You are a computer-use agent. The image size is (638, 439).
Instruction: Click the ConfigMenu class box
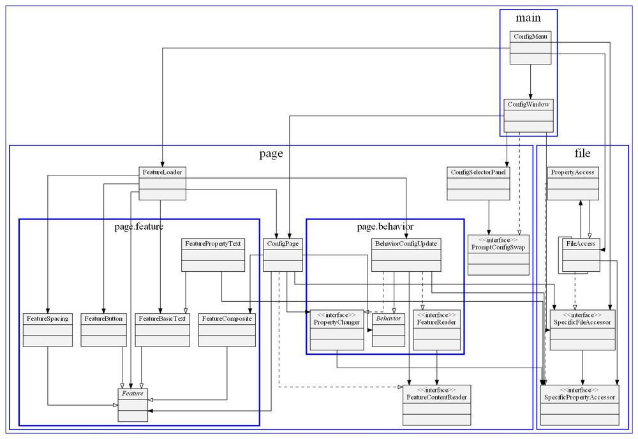(530, 48)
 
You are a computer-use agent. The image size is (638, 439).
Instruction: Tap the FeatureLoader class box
(162, 183)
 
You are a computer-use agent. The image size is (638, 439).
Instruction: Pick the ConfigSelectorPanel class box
(479, 184)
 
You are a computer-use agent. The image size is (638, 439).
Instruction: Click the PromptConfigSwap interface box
(498, 255)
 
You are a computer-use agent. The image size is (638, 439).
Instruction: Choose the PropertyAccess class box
(572, 183)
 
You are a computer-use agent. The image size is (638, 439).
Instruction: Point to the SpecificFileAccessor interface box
(582, 330)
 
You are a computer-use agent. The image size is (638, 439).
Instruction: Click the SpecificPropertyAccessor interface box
(580, 405)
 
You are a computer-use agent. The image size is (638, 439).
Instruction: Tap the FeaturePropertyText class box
(213, 255)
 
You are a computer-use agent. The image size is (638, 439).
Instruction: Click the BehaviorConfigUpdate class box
(406, 255)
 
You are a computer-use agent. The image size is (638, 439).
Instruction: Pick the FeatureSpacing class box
(48, 329)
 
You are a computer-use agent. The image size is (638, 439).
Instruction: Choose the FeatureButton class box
(103, 329)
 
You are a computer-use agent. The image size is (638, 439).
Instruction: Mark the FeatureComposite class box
(226, 329)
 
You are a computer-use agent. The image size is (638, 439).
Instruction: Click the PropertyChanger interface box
(337, 330)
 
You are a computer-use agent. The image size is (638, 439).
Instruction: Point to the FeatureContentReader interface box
(436, 405)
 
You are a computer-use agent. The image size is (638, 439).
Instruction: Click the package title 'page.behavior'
(385, 227)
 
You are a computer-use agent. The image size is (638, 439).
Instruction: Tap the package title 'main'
(528, 17)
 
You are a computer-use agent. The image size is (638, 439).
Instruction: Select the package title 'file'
(582, 153)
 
